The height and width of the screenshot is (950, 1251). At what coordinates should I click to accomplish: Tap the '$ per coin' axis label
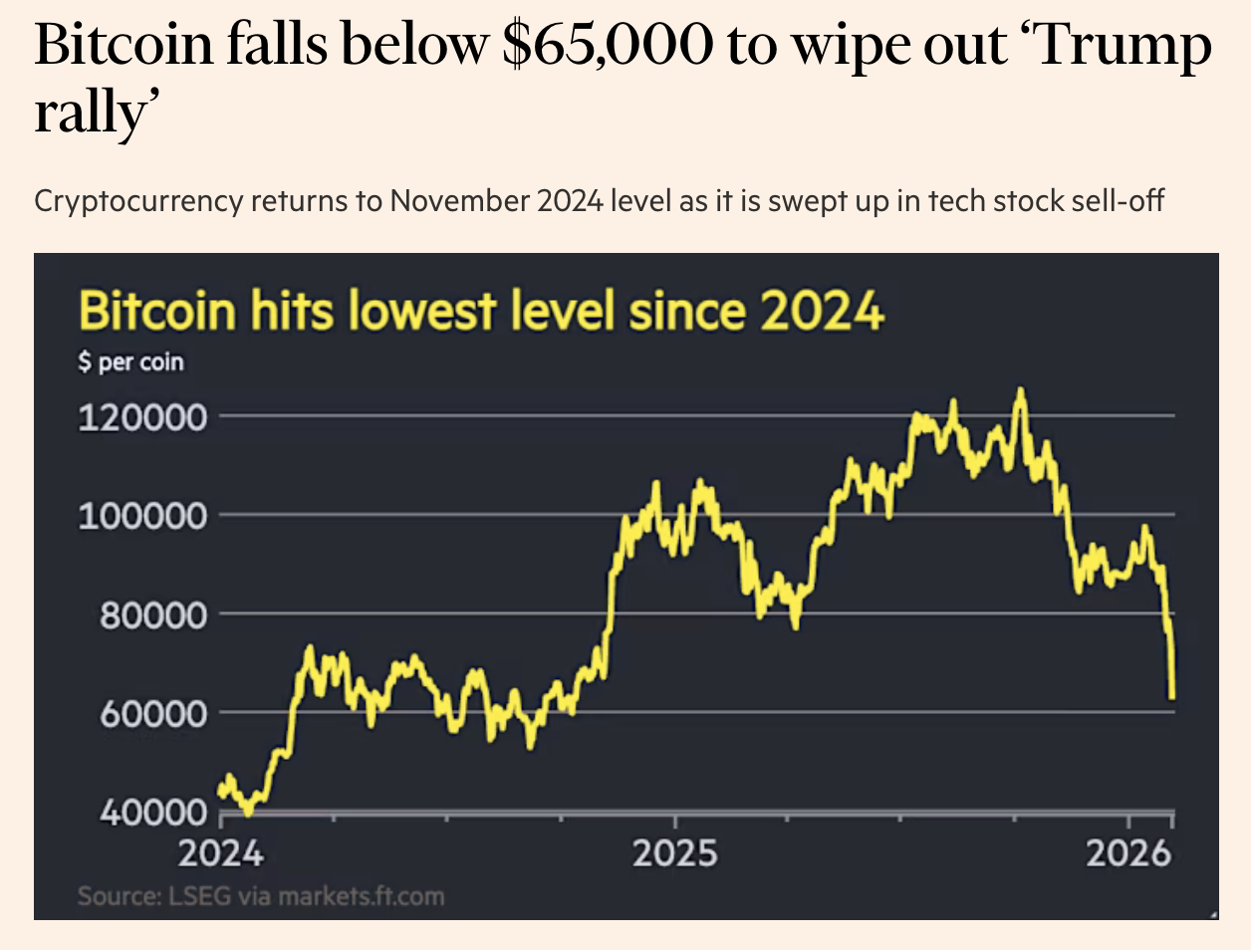(131, 361)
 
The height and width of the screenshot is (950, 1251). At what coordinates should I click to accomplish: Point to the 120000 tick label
(142, 416)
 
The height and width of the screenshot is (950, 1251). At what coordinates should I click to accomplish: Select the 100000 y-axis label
(142, 516)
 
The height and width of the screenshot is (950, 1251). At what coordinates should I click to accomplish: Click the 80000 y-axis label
(152, 614)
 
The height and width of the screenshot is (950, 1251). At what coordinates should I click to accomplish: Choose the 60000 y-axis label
(152, 713)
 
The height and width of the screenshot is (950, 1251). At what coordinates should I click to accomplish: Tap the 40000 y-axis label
(152, 812)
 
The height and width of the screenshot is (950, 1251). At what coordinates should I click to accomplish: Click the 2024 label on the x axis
(221, 853)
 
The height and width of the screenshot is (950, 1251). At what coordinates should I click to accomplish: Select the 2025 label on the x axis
(674, 853)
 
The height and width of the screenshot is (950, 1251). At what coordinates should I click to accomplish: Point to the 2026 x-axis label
(1127, 853)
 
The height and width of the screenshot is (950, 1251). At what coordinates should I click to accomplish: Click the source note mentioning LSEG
(261, 896)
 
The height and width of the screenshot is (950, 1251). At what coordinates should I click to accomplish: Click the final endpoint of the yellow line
(1173, 697)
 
